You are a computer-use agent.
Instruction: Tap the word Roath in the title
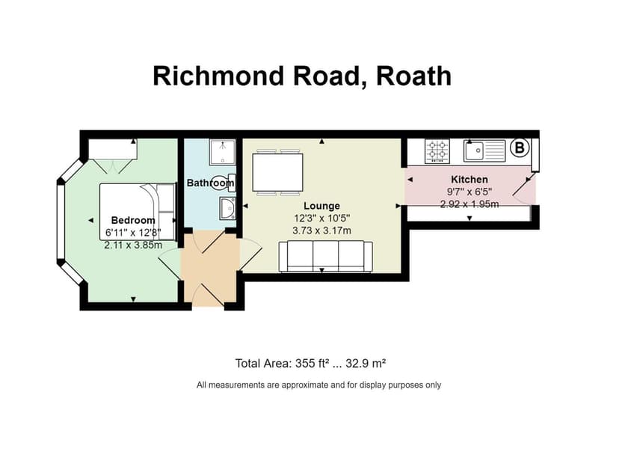[x=414, y=75]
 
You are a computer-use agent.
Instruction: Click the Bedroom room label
[x=133, y=220]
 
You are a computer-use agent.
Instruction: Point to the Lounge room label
[x=321, y=206]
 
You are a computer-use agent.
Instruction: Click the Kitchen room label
[x=469, y=180]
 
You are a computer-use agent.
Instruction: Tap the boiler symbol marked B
[x=517, y=148]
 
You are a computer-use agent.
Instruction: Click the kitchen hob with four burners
[x=437, y=150]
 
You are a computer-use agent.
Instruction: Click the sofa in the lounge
[x=324, y=256]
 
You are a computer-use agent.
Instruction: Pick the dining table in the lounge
[x=277, y=172]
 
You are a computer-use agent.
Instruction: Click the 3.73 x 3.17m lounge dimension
[x=321, y=230]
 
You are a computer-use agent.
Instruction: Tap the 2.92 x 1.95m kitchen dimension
[x=469, y=204]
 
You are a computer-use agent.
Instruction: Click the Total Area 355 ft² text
[x=310, y=364]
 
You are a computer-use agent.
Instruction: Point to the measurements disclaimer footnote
[x=318, y=385]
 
